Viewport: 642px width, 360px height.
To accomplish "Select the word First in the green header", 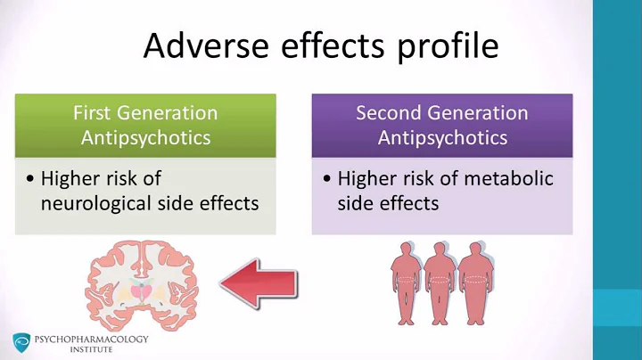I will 95,113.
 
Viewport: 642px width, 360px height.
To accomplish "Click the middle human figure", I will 439,282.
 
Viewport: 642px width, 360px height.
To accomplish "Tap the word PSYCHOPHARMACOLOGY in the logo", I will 92,339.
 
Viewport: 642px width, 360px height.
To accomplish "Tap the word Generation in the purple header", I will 481,113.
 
